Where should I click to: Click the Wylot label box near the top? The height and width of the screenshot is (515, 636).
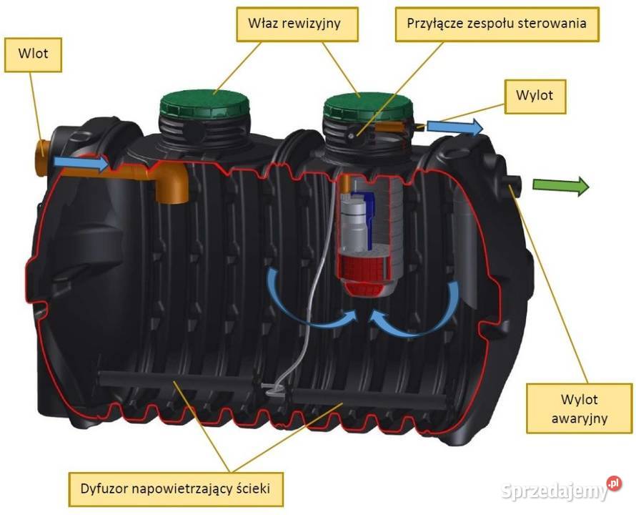point(535,95)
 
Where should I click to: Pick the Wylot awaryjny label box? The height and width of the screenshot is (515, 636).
point(568,408)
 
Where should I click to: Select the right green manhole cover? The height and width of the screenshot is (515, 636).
point(368,107)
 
